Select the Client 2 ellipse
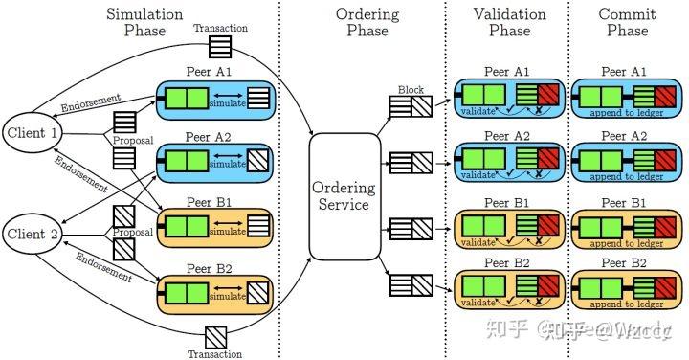(30, 232)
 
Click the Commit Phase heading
(627, 23)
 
